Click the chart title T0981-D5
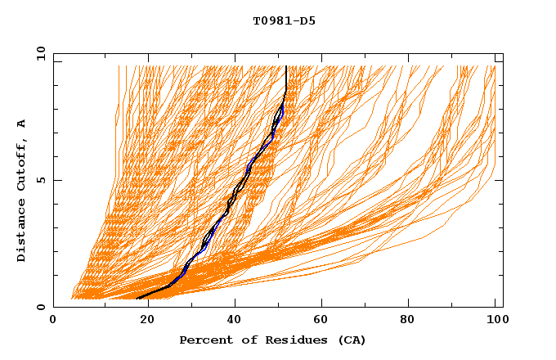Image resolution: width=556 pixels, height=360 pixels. pyautogui.click(x=284, y=21)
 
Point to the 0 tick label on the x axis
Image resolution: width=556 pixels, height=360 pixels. pyautogui.click(x=53, y=321)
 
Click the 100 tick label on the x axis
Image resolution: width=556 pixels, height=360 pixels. pyautogui.click(x=495, y=321)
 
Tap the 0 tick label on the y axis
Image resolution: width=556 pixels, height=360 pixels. pyautogui.click(x=40, y=307)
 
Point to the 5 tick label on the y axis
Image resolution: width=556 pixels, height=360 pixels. pyautogui.click(x=40, y=180)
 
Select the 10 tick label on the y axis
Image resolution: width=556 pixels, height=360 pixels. pyautogui.click(x=38, y=53)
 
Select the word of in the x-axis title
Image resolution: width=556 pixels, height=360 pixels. pyautogui.click(x=244, y=340)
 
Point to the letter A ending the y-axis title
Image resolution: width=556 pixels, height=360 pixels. pyautogui.click(x=21, y=123)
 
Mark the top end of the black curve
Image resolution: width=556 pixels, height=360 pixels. pyautogui.click(x=286, y=65)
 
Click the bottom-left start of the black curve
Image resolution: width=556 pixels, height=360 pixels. pyautogui.click(x=137, y=298)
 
